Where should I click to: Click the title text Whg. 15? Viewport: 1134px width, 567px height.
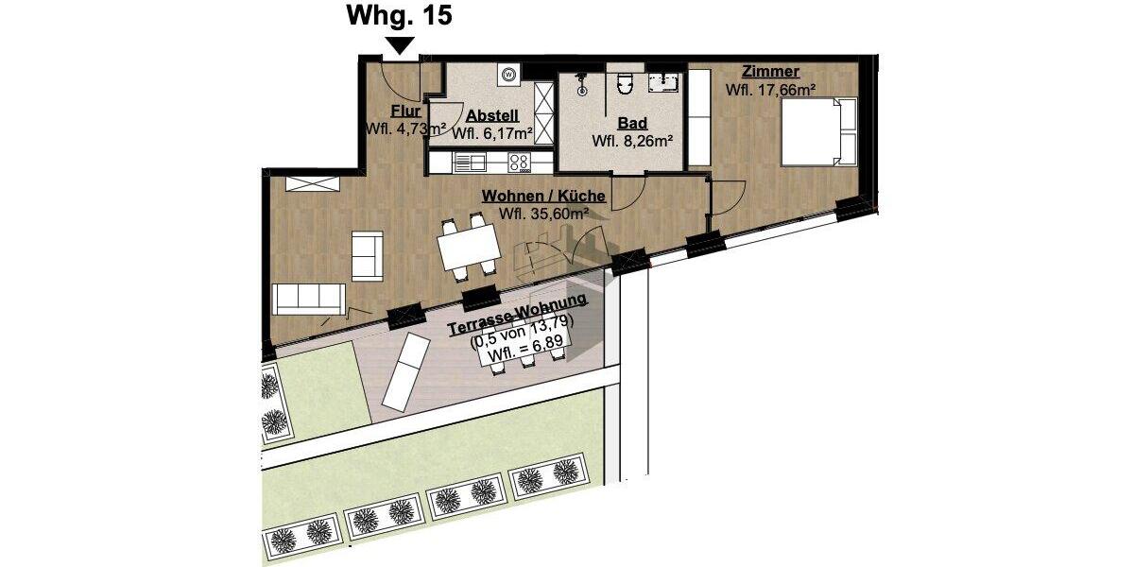[x=400, y=16]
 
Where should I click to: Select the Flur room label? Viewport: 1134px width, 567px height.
[x=404, y=112]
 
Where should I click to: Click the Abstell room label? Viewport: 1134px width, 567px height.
[x=491, y=115]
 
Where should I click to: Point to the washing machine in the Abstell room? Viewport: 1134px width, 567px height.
[x=508, y=73]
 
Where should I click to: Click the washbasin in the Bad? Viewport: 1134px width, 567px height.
[x=668, y=82]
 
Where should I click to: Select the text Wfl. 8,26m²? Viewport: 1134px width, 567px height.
[x=632, y=142]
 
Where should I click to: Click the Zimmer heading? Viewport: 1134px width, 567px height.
[x=771, y=72]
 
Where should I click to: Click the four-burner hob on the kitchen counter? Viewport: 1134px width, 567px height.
[x=519, y=163]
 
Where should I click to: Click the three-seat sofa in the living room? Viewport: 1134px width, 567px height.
[x=307, y=298]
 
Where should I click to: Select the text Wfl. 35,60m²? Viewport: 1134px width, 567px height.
[x=543, y=214]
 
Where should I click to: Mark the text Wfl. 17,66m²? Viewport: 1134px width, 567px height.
[x=770, y=91]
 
